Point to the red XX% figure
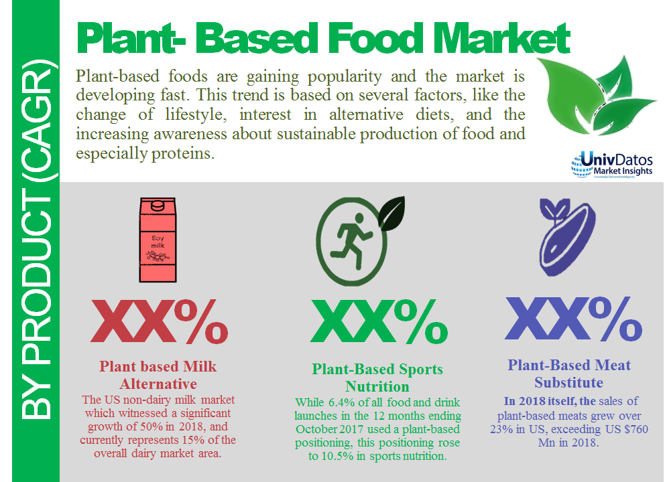[160, 323]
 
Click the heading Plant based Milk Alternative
[158, 375]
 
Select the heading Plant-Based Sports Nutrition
[377, 378]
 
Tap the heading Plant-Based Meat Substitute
[568, 374]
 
